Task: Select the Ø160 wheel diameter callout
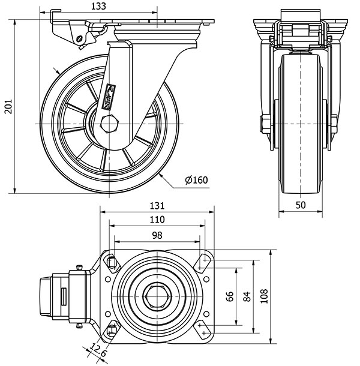coord(197,180)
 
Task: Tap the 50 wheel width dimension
coord(301,205)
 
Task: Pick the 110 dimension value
coord(157,220)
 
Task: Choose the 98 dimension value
coord(157,235)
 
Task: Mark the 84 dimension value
coord(247,296)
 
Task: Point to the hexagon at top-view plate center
coord(157,296)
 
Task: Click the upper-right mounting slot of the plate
coord(202,261)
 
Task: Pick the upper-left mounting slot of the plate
coord(112,261)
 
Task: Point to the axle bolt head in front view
coord(265,124)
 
